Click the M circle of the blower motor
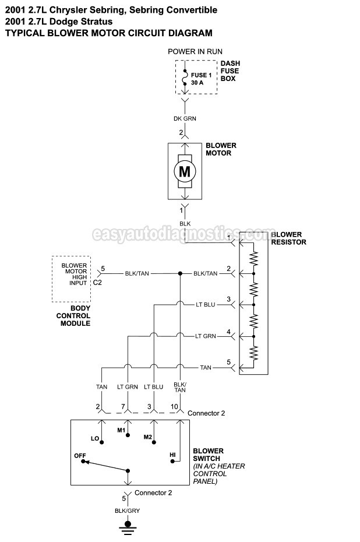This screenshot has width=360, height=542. click(185, 171)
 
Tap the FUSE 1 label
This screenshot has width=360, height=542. click(201, 75)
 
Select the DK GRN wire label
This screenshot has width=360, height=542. click(185, 118)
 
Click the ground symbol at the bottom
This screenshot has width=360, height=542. click(128, 527)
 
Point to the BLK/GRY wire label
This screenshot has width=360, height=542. click(127, 511)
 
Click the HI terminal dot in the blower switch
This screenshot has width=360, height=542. click(173, 461)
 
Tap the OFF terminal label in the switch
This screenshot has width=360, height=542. click(80, 456)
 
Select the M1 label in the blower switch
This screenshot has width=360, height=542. click(121, 430)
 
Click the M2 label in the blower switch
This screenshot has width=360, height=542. click(148, 437)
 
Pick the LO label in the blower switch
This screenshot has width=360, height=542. click(95, 438)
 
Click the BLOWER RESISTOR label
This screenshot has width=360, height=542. click(289, 238)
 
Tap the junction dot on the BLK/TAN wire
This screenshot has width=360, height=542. click(180, 273)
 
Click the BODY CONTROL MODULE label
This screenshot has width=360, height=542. click(73, 316)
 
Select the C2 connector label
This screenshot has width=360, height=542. click(97, 283)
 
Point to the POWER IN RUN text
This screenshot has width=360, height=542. click(195, 51)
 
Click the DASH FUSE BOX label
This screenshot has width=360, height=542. click(230, 71)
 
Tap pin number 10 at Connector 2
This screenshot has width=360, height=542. click(174, 407)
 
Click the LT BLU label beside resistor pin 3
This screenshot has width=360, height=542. click(205, 305)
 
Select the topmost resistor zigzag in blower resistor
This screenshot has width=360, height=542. click(254, 258)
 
